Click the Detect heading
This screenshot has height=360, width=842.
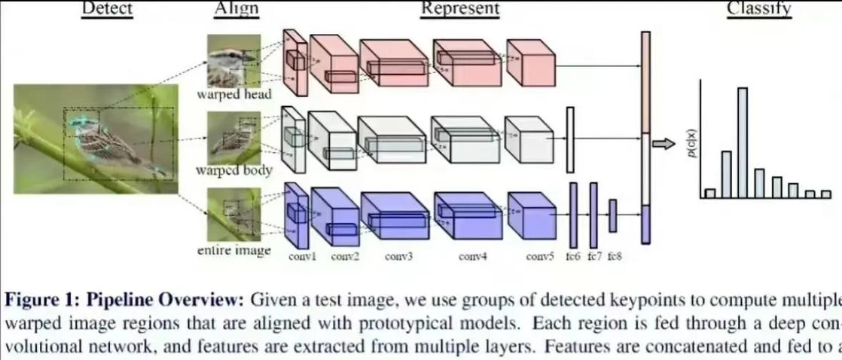coord(106,9)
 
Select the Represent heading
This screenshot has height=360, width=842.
coord(459,9)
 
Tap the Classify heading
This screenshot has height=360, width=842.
coord(758,9)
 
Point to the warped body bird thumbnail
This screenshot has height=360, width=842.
coord(233,136)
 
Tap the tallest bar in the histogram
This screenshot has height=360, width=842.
coord(743,142)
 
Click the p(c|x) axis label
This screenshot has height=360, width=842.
coord(691,141)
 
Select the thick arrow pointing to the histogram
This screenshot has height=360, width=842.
coord(664,144)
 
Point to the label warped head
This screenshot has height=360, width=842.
coord(233,95)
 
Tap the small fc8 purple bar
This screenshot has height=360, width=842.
coord(612,216)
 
